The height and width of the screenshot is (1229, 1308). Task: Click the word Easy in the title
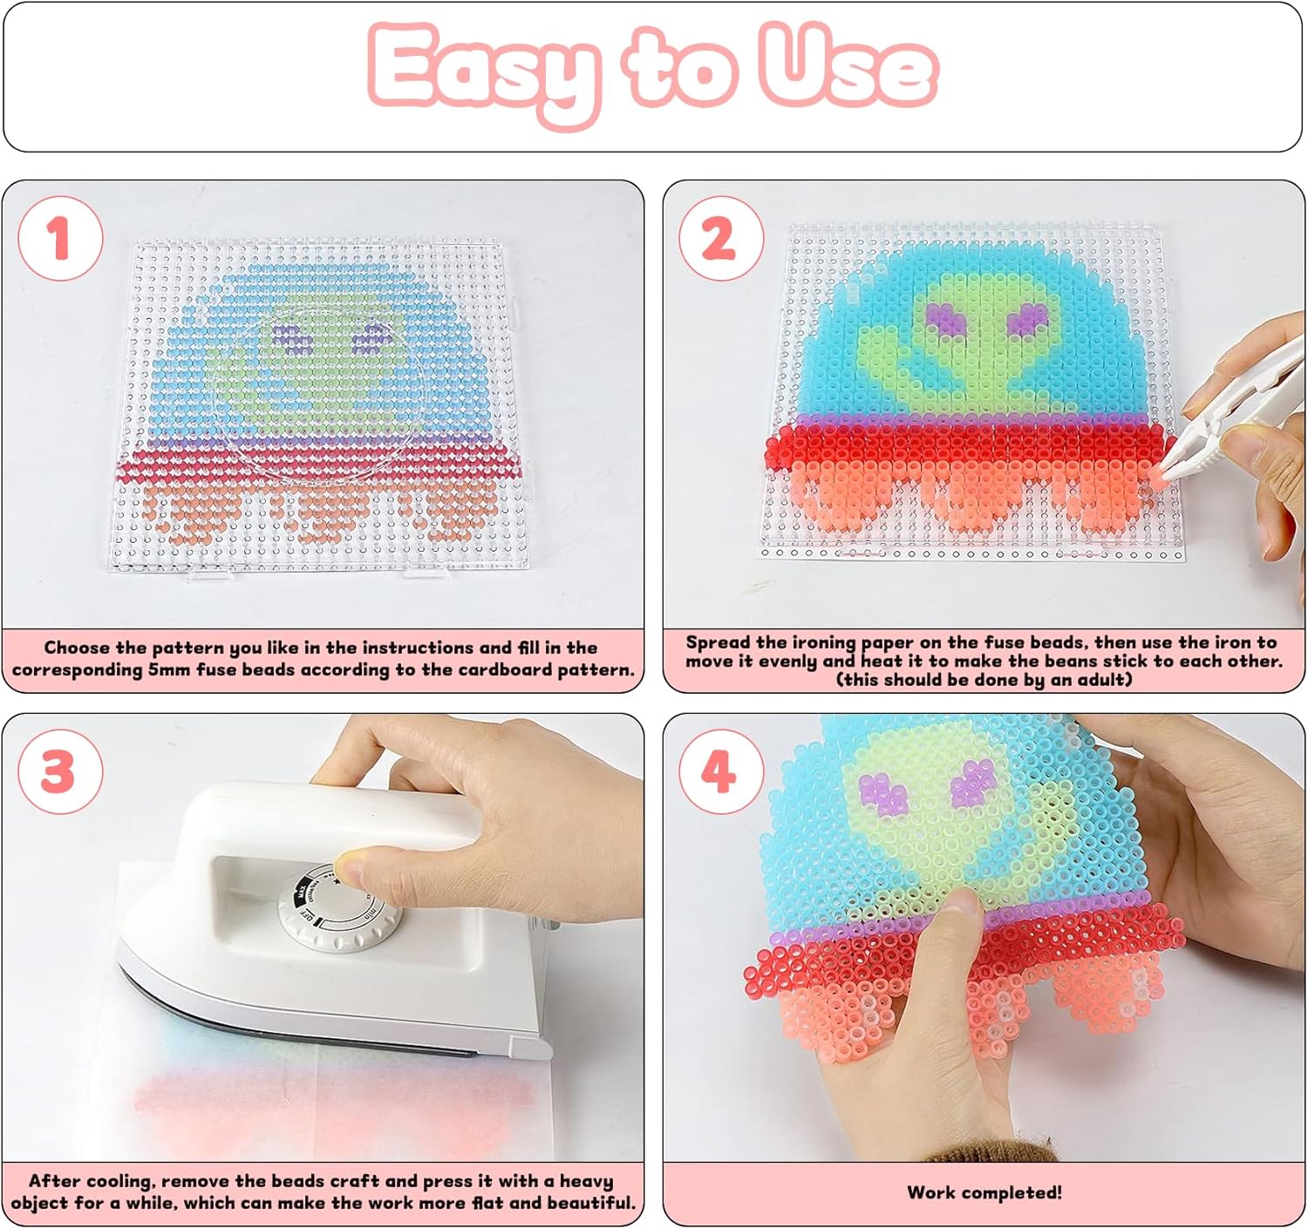coord(484,72)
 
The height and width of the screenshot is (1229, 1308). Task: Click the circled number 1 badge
coord(60,239)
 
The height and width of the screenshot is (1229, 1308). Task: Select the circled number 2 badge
coord(720,239)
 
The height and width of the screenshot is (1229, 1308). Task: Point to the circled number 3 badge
coord(60,771)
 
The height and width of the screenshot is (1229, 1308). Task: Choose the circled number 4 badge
coord(720,771)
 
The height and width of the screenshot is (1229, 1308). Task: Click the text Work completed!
coord(984,1192)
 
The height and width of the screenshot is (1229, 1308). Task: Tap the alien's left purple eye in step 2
coord(949,319)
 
